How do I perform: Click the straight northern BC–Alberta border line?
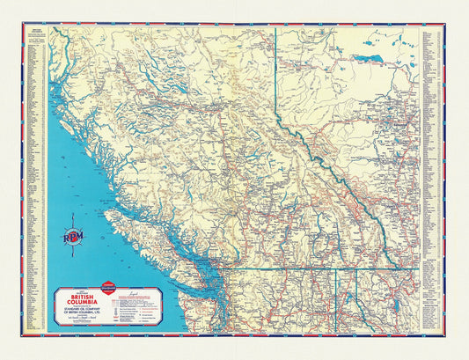[275, 70]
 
